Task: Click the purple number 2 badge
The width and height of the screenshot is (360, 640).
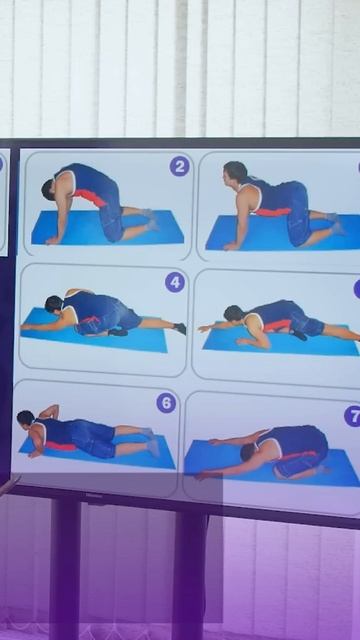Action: tap(180, 167)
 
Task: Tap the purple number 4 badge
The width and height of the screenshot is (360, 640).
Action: tap(175, 282)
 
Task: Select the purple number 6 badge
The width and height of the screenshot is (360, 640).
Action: tap(166, 403)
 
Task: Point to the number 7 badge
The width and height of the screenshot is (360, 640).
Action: tap(353, 416)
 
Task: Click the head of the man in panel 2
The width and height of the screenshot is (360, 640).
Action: tap(49, 189)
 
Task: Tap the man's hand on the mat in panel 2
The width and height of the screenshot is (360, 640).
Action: tap(52, 241)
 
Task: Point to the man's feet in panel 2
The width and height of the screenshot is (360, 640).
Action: tap(151, 220)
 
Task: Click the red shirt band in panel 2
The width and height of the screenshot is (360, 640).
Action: tap(91, 197)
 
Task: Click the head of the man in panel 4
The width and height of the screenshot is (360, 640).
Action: tap(53, 304)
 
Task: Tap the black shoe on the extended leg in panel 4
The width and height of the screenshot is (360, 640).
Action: tap(180, 328)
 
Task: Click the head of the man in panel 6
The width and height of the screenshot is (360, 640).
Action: tap(25, 418)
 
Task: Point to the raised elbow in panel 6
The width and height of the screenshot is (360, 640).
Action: tap(54, 408)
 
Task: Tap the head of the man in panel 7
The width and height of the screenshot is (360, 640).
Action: tap(248, 452)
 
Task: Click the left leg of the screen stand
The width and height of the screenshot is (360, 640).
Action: tap(65, 567)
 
